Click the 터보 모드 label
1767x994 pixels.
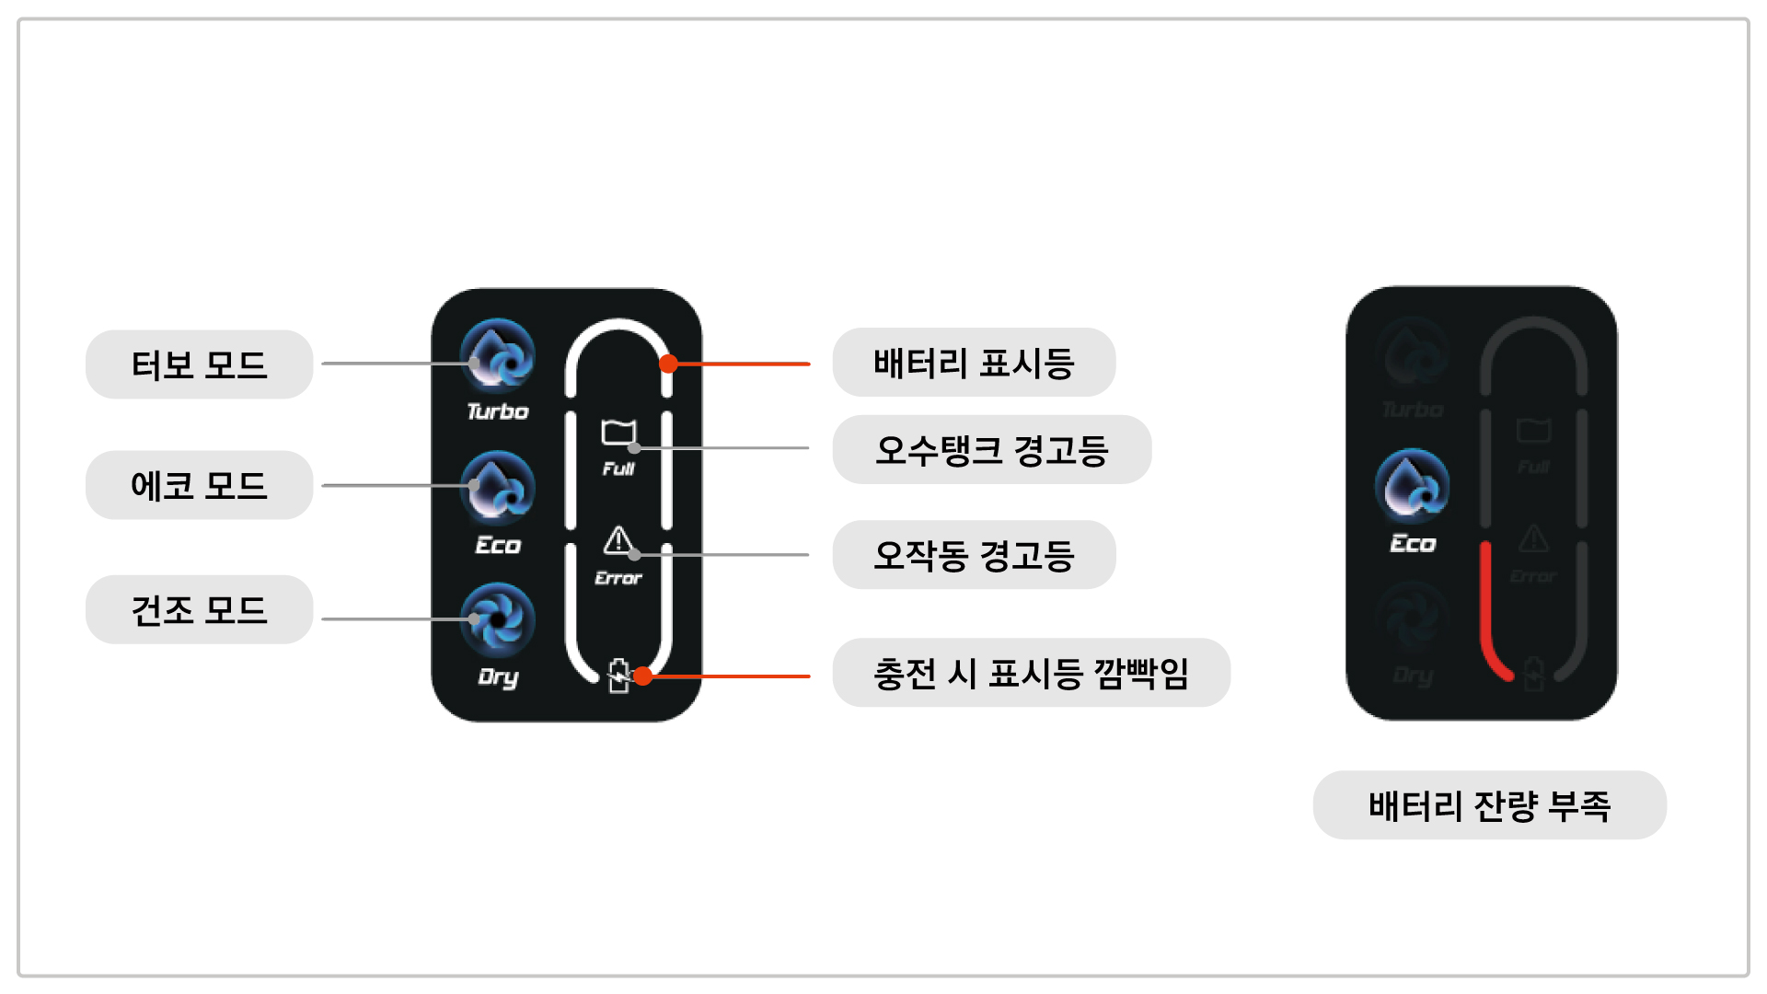pos(199,364)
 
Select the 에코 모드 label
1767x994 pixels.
pos(199,485)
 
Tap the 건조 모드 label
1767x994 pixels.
pos(199,609)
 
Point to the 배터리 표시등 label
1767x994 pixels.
pos(974,363)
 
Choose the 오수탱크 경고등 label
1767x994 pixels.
pos(991,450)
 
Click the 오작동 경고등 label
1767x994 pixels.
pos(974,555)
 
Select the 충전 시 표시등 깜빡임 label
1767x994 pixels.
pos(1031,673)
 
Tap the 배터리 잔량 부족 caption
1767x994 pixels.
pos(1489,805)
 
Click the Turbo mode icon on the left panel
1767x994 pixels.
pos(498,355)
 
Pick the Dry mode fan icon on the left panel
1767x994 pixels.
pos(498,618)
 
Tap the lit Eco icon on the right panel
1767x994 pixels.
pos(1412,486)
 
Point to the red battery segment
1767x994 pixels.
pos(1487,617)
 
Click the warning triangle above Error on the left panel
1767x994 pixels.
pos(618,540)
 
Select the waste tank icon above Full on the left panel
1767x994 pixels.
pos(618,433)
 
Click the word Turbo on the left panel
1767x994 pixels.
pos(498,411)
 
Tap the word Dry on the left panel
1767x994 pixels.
pos(498,677)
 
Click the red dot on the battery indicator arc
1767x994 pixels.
pos(669,364)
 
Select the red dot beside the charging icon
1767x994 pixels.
pos(643,676)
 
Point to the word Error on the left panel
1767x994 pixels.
pos(618,578)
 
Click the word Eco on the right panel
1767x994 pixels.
pos(1413,544)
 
